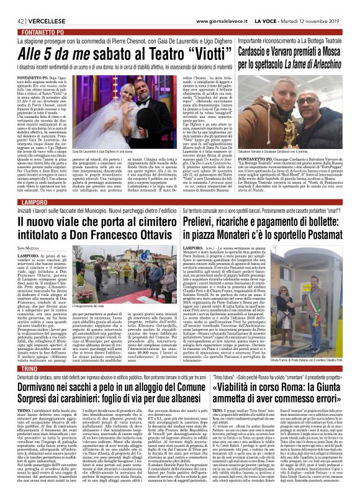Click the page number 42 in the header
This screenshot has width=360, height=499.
pos(11,6)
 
